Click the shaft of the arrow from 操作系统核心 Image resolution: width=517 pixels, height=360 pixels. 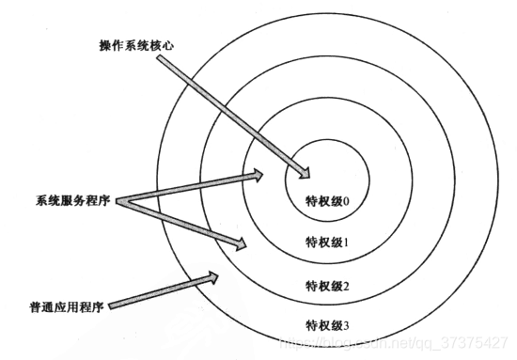(230, 113)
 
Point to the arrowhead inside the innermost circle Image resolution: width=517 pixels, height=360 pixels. (303, 171)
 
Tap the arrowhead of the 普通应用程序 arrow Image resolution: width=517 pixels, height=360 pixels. (211, 276)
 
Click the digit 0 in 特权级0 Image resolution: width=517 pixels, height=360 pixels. (346, 200)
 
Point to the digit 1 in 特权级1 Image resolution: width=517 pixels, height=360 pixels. (346, 242)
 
